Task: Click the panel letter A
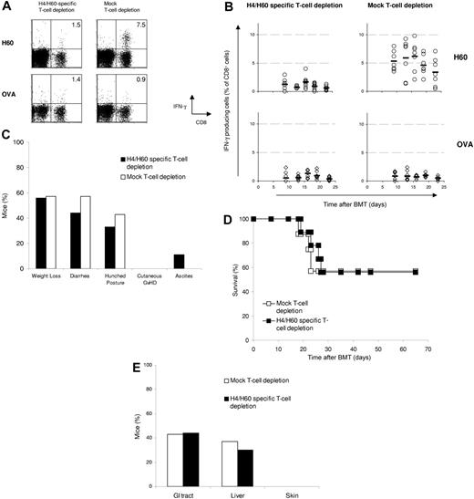pyautogui.click(x=7, y=8)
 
